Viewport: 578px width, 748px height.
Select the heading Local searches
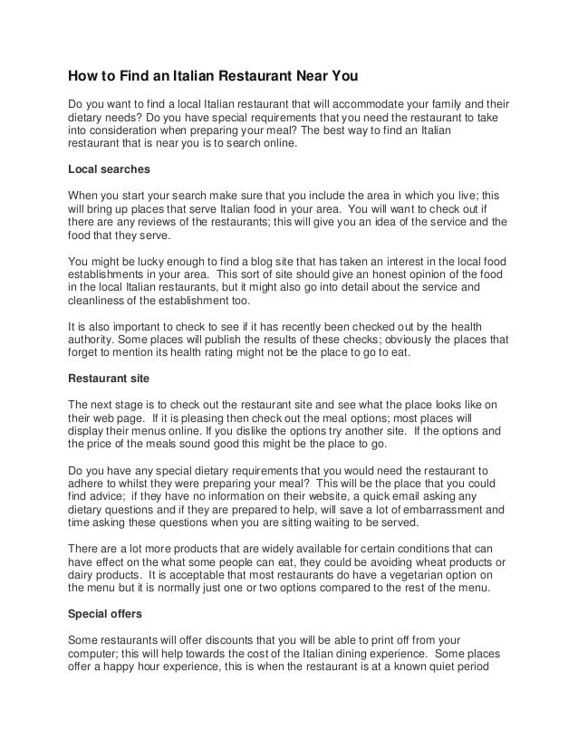point(110,169)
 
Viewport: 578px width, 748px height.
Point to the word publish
point(262,340)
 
